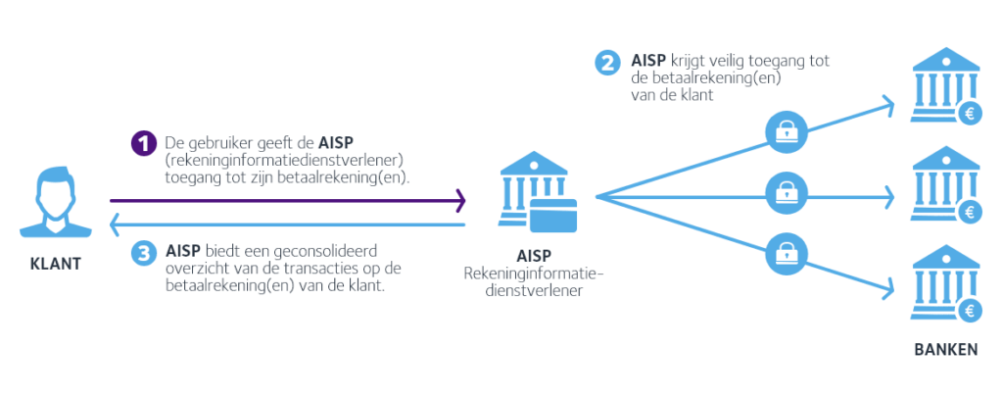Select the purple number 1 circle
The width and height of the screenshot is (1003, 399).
(143, 143)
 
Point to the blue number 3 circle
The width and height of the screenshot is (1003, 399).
(143, 252)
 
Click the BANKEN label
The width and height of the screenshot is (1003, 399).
(945, 349)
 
